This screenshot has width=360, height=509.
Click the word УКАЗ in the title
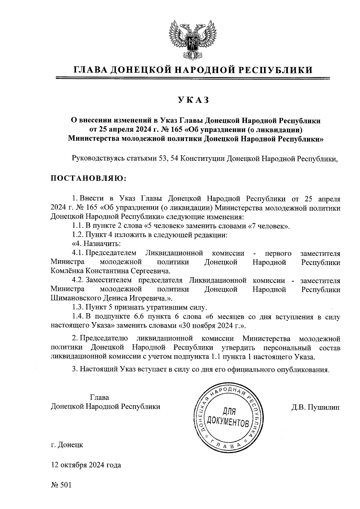coord(193,100)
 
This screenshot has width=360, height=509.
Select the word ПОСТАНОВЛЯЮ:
coord(89,178)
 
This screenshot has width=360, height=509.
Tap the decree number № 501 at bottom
coord(61,485)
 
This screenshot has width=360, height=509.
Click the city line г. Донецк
coord(67,445)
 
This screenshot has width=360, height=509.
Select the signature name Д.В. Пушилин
coord(315,407)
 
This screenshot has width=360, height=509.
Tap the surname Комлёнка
coord(67,271)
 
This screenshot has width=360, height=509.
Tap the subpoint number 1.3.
coord(78,307)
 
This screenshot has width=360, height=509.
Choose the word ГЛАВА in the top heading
coord(91,70)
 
